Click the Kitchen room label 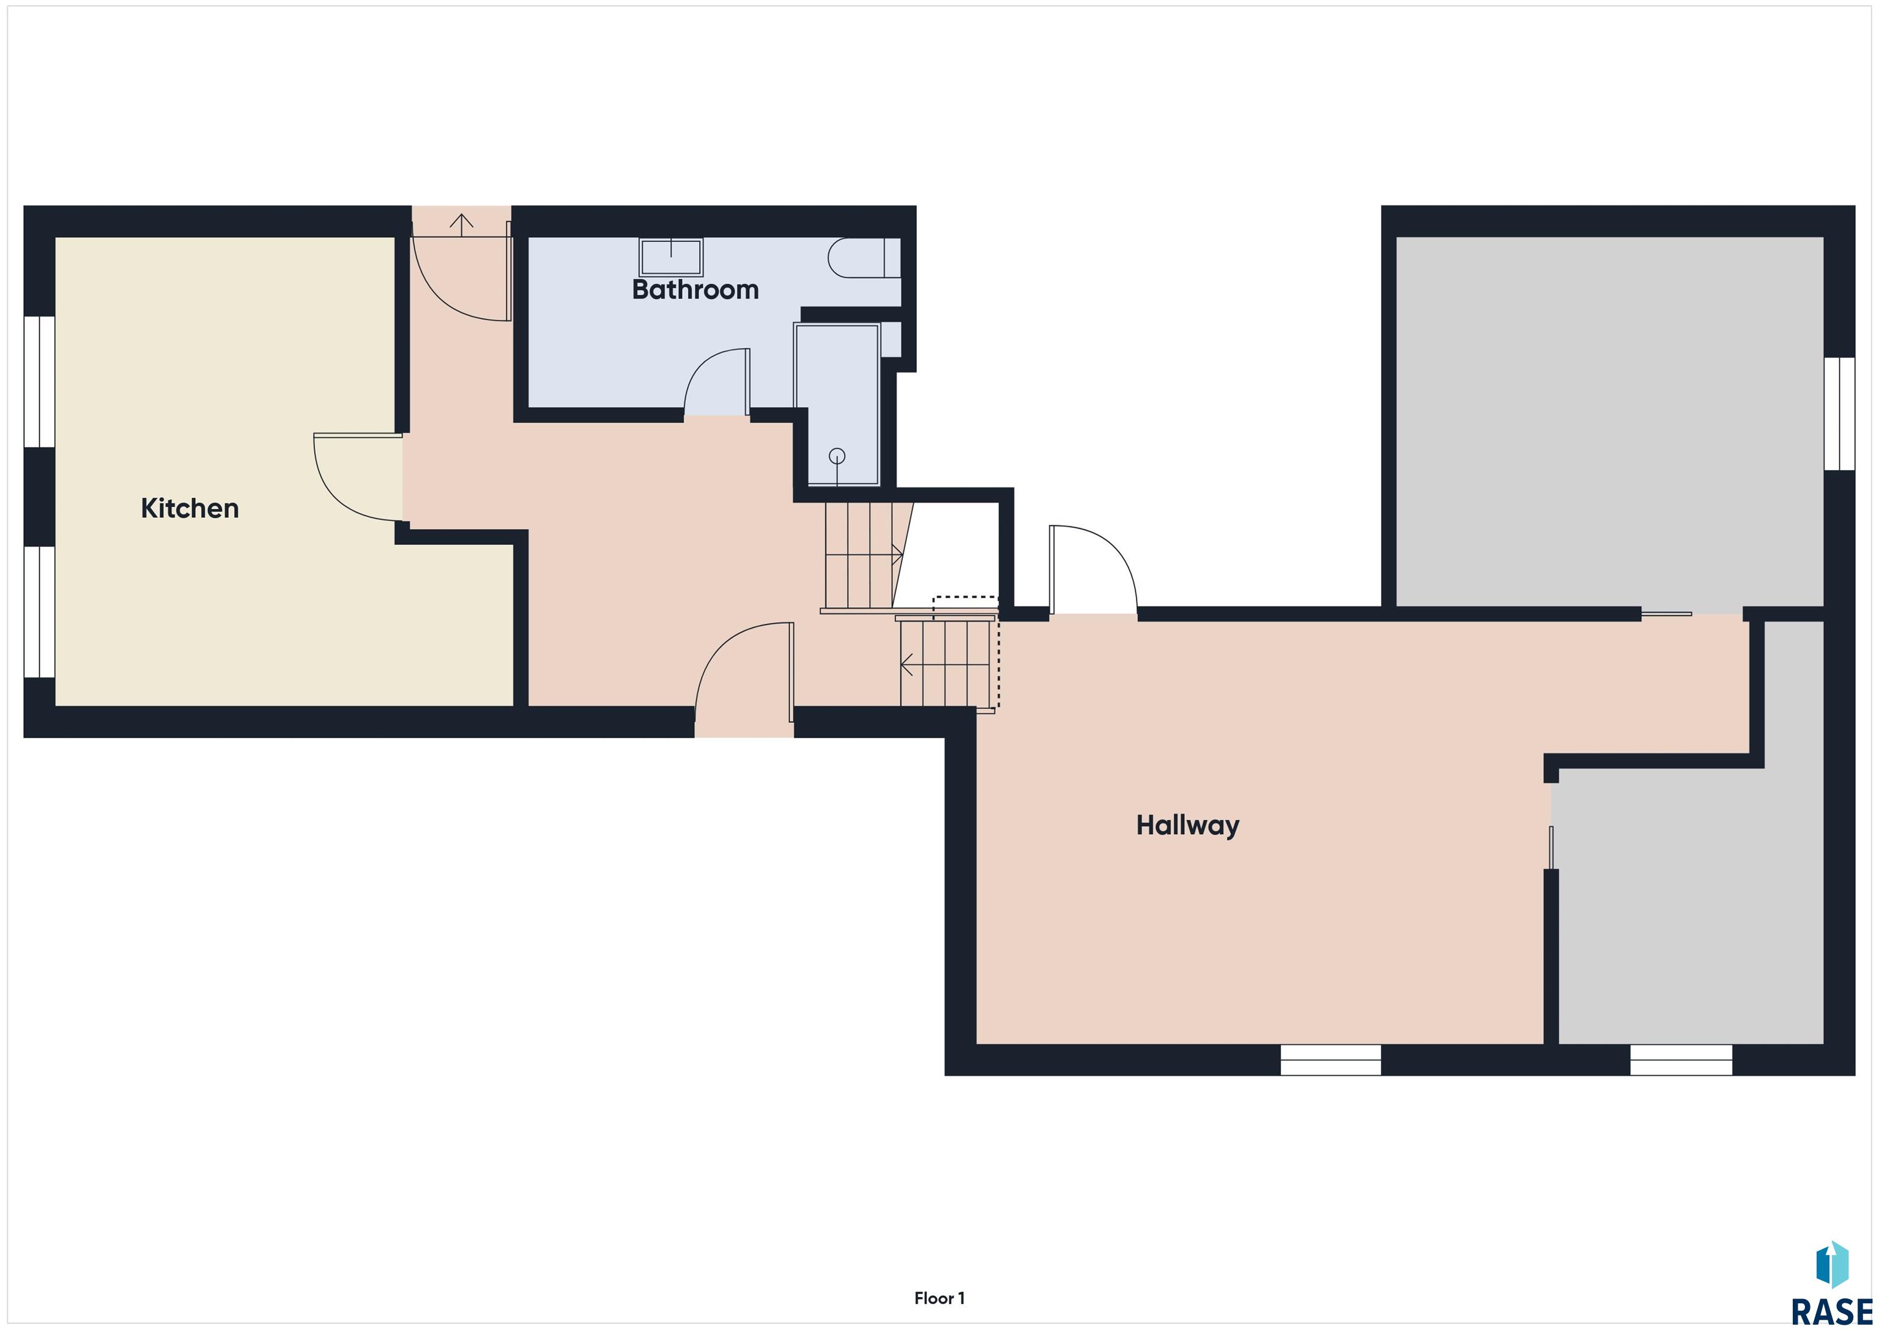(x=190, y=508)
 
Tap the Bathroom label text (x=695, y=290)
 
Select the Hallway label (x=1187, y=825)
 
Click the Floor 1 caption (x=939, y=1298)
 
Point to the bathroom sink (x=671, y=257)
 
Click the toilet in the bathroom (x=864, y=257)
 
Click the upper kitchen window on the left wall (x=39, y=382)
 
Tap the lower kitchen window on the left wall (x=39, y=612)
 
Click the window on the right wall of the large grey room (x=1840, y=413)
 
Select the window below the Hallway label (x=1331, y=1060)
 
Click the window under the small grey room (x=1681, y=1060)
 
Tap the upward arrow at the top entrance (x=462, y=225)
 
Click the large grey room (x=1609, y=422)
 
